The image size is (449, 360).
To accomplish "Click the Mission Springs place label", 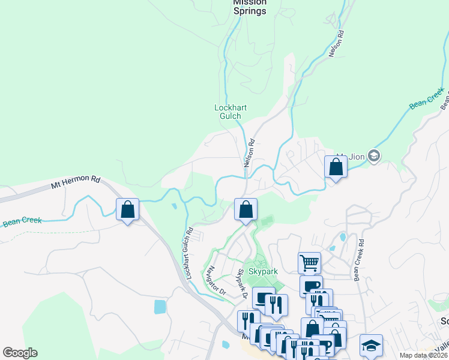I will [x=249, y=6].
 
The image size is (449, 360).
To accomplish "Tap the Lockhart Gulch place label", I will [x=228, y=112].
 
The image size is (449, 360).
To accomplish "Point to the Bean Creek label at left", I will [x=22, y=221].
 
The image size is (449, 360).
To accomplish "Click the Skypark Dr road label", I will [x=241, y=284].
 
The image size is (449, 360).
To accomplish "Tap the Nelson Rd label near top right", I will [x=337, y=44].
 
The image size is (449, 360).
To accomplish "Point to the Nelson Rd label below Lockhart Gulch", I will [x=249, y=153].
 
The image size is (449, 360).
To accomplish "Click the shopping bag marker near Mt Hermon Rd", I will [x=127, y=209].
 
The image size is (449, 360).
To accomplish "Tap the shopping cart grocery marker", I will [x=309, y=262].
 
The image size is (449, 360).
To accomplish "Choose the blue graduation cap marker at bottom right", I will [x=371, y=346].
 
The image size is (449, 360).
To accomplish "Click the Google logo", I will [x=20, y=353].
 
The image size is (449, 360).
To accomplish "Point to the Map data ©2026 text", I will [x=423, y=355].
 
